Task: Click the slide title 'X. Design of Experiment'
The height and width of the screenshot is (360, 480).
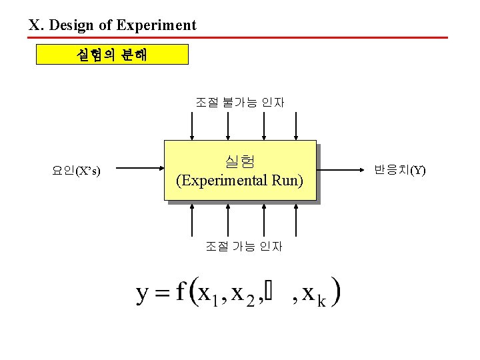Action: click(112, 26)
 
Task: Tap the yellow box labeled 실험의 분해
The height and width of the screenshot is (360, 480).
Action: click(112, 54)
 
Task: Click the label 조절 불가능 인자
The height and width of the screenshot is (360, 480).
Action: click(240, 102)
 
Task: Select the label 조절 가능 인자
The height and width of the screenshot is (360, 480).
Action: click(243, 246)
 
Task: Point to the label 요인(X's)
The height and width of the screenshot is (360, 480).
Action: click(77, 171)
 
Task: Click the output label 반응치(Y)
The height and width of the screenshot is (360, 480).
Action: click(399, 170)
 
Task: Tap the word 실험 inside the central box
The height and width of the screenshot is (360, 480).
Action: click(239, 161)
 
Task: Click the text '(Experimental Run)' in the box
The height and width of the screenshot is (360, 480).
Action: click(239, 180)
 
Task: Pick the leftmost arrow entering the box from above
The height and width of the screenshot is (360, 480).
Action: click(193, 127)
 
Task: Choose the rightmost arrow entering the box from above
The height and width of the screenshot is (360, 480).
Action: click(294, 127)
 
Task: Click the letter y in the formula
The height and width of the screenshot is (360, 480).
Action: click(143, 293)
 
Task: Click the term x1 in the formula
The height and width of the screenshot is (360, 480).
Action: click(209, 294)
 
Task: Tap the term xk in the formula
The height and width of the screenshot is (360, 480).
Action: click(314, 294)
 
